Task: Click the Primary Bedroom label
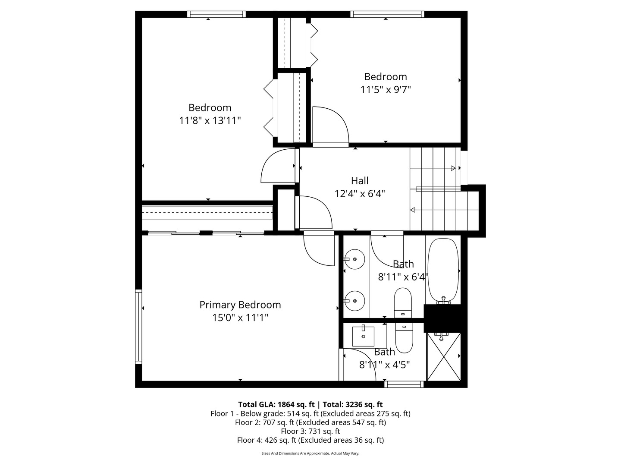point(240,305)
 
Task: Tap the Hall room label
point(359,180)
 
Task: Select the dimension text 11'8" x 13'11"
point(210,120)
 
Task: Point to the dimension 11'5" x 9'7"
point(386,90)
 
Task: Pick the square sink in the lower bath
point(363,336)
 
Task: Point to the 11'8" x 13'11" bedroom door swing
point(278,166)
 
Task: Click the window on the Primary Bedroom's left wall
point(138,327)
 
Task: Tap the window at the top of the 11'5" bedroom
point(387,14)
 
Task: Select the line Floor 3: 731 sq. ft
point(310,431)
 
